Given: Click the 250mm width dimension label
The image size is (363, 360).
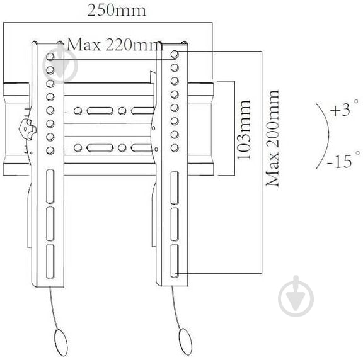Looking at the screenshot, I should pos(116,11).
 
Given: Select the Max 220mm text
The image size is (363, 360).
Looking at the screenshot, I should pos(113,45).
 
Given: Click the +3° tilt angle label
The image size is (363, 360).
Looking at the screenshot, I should pos(343,110).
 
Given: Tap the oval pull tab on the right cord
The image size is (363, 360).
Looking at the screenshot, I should pos(186,342).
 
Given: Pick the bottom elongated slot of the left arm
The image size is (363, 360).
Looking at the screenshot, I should pos(50,259).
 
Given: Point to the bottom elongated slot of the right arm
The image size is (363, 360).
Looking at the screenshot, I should pos(176,259).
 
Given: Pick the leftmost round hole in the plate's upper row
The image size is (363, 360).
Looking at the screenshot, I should pos(78,111).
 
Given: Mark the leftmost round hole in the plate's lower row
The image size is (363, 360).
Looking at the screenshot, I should pos(78,149).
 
